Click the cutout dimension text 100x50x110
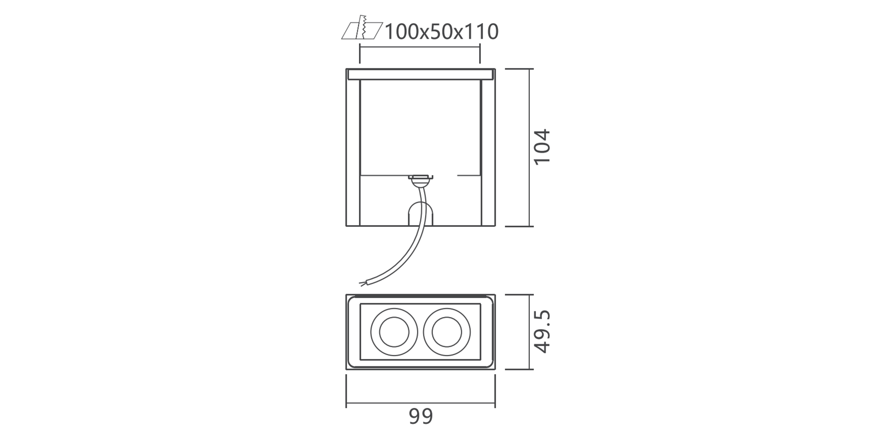(442, 32)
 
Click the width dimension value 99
(421, 416)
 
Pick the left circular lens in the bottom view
(394, 332)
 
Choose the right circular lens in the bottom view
(447, 332)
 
